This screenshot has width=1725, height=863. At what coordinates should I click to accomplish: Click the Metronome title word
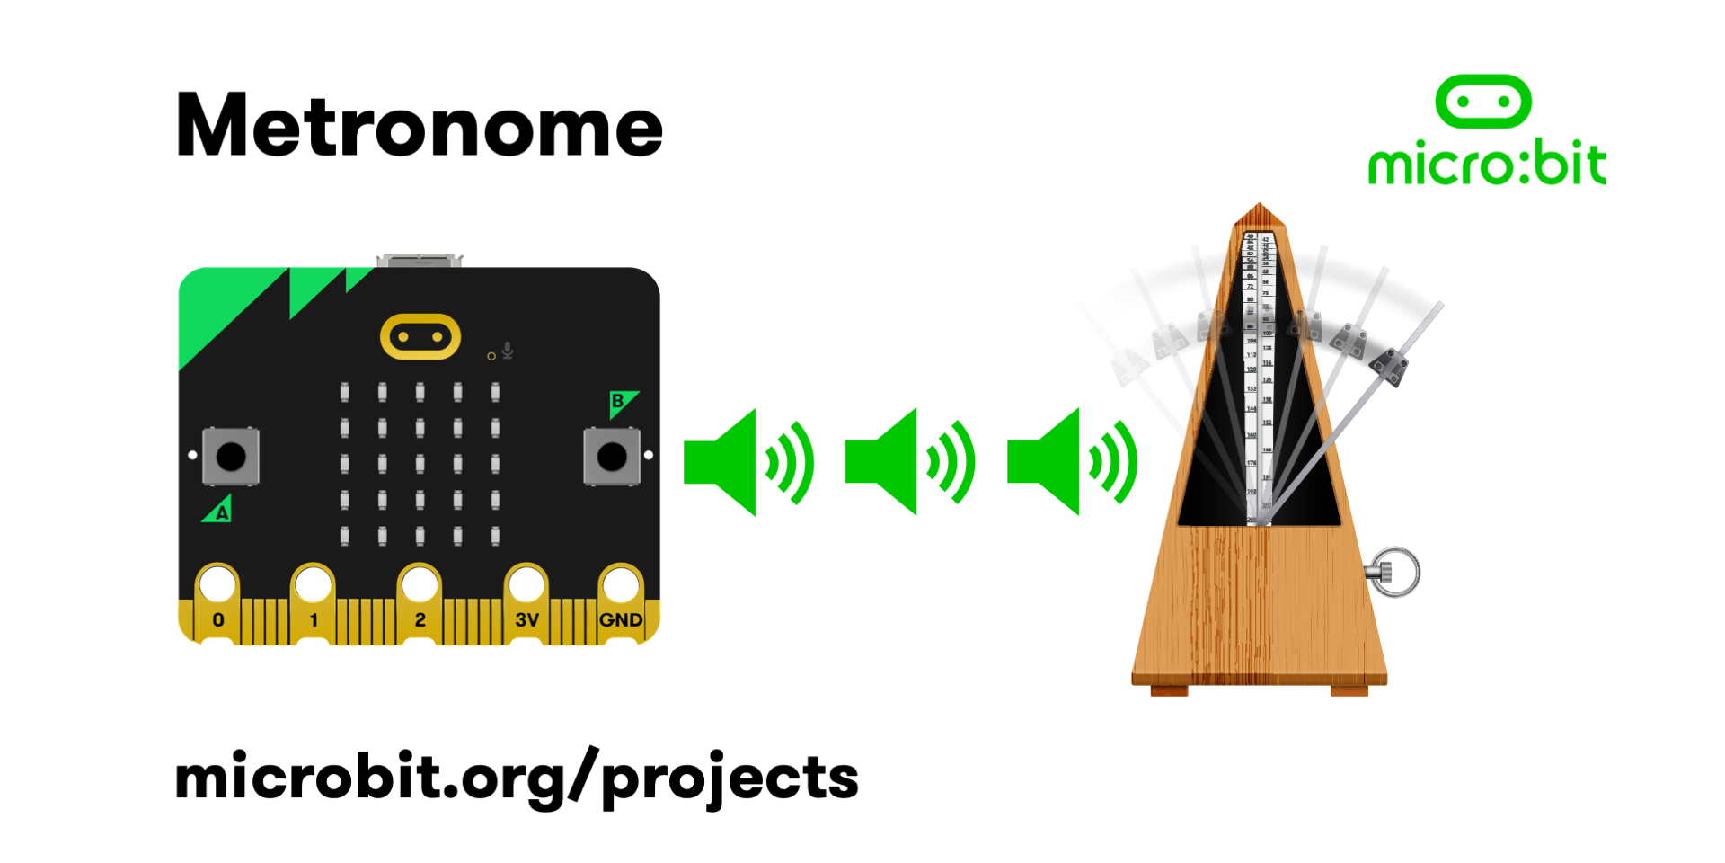click(x=419, y=126)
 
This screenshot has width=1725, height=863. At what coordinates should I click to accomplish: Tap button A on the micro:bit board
click(x=231, y=457)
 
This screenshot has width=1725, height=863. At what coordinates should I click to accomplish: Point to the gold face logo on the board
click(x=420, y=337)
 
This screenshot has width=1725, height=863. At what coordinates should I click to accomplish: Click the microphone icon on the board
click(x=508, y=350)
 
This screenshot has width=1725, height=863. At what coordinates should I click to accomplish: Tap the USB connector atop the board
click(x=420, y=261)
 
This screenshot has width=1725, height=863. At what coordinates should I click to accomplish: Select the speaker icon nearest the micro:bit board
click(x=747, y=462)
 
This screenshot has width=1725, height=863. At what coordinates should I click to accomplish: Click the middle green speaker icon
click(x=909, y=462)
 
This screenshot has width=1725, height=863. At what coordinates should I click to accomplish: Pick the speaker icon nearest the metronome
click(x=1071, y=462)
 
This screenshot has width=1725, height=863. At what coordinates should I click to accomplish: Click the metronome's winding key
click(x=1393, y=572)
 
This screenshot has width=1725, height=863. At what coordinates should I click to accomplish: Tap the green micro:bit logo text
click(x=1486, y=164)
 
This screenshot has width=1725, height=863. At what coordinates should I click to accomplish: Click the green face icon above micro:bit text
click(x=1483, y=102)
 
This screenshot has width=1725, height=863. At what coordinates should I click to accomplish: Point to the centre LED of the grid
click(x=420, y=464)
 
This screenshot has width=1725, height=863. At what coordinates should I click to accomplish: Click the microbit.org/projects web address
click(x=517, y=778)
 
